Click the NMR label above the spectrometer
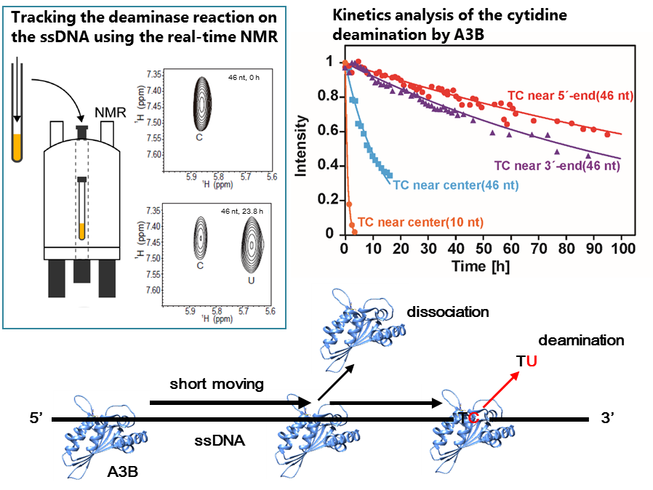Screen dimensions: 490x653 pos(110,113)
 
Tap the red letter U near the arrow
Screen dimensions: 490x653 pos(532,361)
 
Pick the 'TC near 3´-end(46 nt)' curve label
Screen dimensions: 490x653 pos(557,165)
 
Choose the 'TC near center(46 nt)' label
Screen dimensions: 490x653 pos(456,185)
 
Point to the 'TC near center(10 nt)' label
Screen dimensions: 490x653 pos(421,222)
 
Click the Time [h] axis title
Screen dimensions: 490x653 pos(479,266)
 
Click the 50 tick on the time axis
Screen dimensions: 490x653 pos(482,248)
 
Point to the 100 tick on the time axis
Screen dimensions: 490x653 pos(620,248)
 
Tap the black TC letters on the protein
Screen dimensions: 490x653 pos(468,418)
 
